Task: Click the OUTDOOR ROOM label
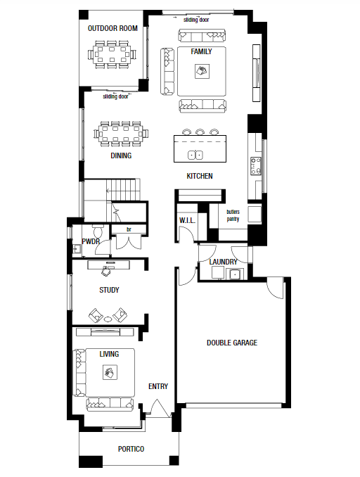pos(111,29)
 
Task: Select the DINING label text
pos(121,155)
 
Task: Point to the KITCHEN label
pos(199,176)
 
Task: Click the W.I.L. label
pos(186,221)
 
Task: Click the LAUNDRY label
pos(224,262)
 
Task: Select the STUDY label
pos(108,290)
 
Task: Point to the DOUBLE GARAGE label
pos(231,343)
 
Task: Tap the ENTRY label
pos(157,386)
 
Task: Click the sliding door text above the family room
pos(196,20)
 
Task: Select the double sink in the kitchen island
pos(195,155)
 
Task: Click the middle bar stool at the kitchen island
pos(200,132)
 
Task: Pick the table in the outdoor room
pos(112,53)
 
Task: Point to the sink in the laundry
pos(237,274)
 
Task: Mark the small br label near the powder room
pos(129,229)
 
